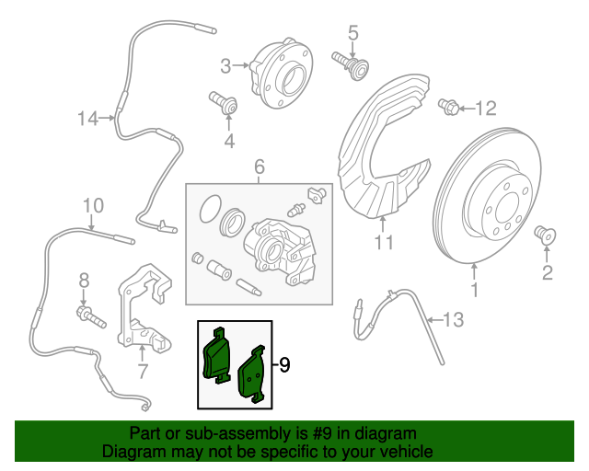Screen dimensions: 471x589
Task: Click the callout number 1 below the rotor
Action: click(475, 293)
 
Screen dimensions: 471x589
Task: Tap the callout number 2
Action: click(548, 271)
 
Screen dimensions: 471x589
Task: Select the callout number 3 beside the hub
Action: click(225, 65)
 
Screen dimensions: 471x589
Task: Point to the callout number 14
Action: click(87, 118)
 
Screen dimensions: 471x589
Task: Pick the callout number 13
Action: click(454, 320)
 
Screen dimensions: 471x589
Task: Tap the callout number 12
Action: click(485, 109)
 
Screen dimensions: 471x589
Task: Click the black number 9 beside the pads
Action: click(284, 365)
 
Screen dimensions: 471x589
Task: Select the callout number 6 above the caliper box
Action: click(259, 167)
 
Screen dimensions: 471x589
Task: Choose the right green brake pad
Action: click(252, 375)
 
